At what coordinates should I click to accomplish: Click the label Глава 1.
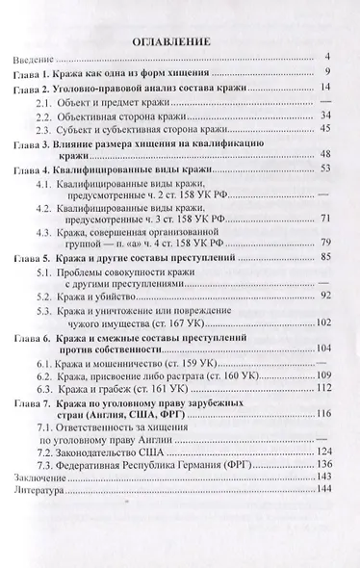[37, 74]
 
